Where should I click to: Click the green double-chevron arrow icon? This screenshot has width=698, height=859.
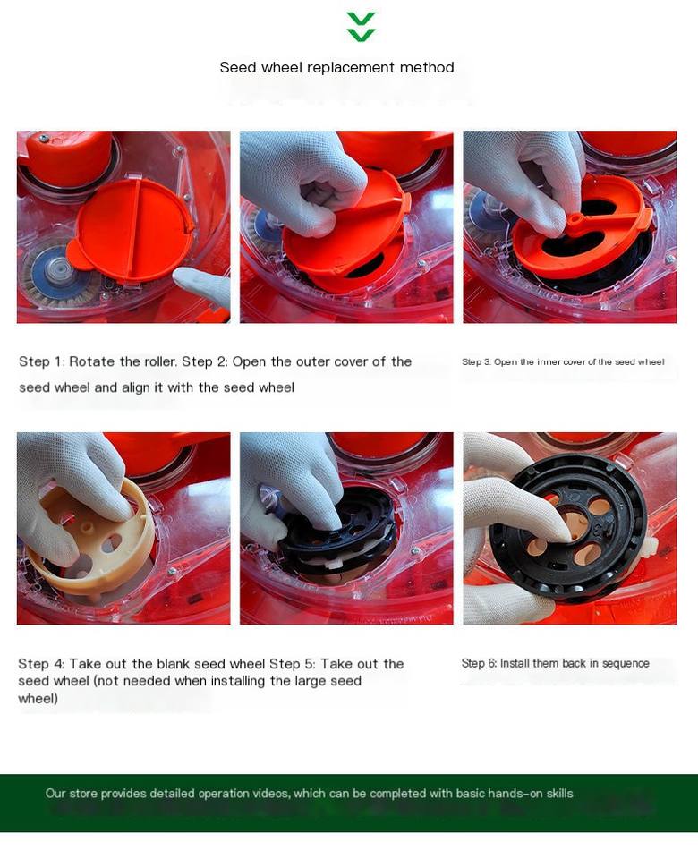tap(361, 27)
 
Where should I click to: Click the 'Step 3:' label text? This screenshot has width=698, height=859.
tap(477, 362)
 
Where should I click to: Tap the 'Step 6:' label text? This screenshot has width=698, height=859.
tap(480, 663)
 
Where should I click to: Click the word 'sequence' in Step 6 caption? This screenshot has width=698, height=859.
tap(626, 664)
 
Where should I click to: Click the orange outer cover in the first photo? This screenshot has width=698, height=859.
tap(131, 229)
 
